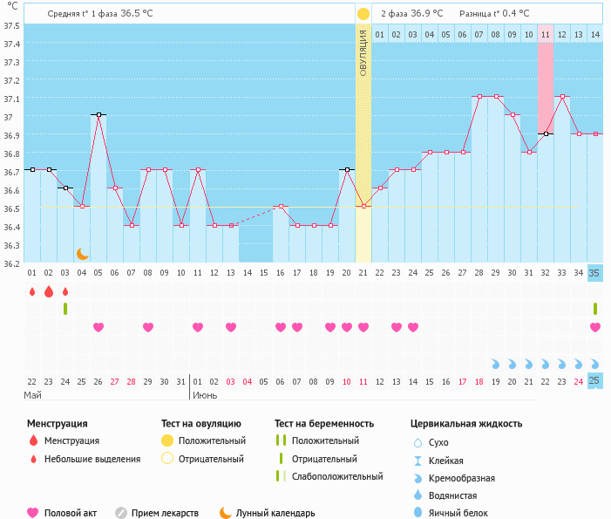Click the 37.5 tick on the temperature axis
click(x=11, y=25)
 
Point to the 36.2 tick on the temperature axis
click(x=11, y=263)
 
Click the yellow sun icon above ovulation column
click(x=363, y=14)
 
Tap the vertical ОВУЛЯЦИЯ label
click(x=363, y=52)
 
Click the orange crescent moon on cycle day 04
click(x=82, y=253)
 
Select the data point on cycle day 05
click(x=98, y=114)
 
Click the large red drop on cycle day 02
click(x=49, y=291)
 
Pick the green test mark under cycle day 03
click(x=65, y=309)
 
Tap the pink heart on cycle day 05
click(x=98, y=327)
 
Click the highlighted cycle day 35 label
click(x=595, y=273)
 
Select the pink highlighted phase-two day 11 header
click(x=546, y=34)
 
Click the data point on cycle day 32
click(x=546, y=133)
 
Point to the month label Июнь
click(x=205, y=395)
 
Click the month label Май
click(x=32, y=395)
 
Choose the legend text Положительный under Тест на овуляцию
click(x=212, y=440)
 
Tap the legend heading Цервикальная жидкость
click(x=466, y=424)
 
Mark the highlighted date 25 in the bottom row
click(x=595, y=380)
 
